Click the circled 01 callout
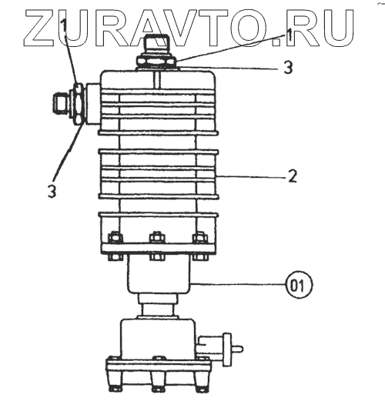coord(299,285)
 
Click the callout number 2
coord(293,176)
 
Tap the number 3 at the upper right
coord(288,67)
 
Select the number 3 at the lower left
coord(52,191)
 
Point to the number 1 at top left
coord(64,26)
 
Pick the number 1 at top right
coord(289,34)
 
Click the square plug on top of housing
coord(156,45)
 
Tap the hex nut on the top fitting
coord(156,62)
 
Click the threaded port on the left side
coord(61,102)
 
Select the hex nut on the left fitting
coord(78,103)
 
